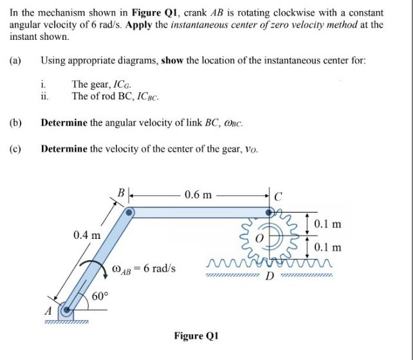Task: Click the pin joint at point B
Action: tap(130, 212)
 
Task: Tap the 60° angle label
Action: tap(100, 297)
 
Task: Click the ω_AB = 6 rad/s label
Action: tap(143, 268)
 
